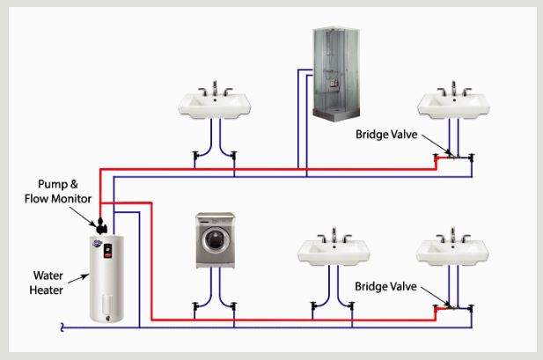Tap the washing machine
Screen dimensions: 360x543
point(215,240)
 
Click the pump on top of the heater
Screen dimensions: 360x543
point(101,224)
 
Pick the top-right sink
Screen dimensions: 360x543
point(453,105)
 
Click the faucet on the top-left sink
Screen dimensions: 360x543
point(214,89)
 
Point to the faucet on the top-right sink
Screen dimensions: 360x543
point(453,89)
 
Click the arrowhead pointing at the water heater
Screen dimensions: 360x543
point(88,276)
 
